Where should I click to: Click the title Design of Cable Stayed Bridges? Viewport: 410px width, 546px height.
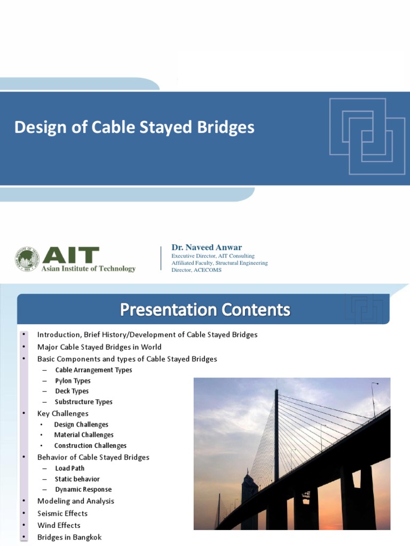(x=134, y=128)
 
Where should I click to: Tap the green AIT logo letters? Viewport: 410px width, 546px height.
(x=70, y=255)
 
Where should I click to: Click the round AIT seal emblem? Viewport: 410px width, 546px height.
(x=27, y=259)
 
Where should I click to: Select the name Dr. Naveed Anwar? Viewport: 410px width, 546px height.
(x=206, y=247)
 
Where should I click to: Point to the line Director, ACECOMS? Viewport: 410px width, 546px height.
(x=196, y=270)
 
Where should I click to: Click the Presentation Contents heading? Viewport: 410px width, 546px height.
(x=205, y=310)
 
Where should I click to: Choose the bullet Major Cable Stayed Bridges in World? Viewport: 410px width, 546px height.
(x=99, y=347)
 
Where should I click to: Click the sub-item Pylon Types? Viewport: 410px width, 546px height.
(x=73, y=381)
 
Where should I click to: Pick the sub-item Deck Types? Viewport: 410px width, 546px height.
(x=72, y=391)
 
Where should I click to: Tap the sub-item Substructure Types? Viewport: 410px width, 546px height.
(x=83, y=402)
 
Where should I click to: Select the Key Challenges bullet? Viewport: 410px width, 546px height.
(x=63, y=414)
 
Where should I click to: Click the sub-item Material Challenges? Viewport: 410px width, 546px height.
(x=84, y=435)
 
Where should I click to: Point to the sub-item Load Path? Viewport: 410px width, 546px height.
(x=69, y=468)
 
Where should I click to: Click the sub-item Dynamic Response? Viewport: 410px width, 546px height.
(x=83, y=489)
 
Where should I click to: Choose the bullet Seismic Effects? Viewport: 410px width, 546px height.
(x=62, y=513)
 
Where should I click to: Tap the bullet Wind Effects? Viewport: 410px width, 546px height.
(x=59, y=525)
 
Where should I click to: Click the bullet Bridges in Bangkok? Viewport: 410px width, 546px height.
(x=69, y=537)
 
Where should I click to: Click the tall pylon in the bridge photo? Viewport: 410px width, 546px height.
(x=276, y=432)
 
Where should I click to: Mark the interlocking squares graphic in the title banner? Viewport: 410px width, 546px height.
(x=367, y=135)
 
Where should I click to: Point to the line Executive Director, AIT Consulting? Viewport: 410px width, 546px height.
(x=212, y=256)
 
